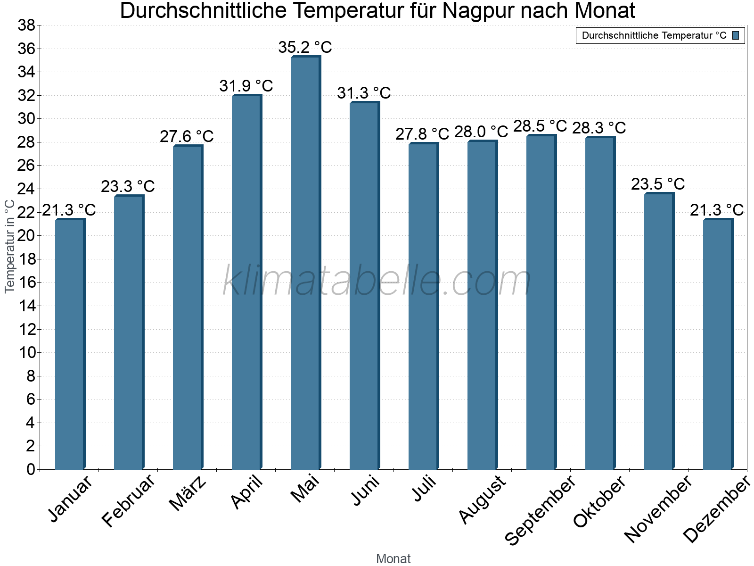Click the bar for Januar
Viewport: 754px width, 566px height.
coord(70,344)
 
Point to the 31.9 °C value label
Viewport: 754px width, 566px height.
coord(246,86)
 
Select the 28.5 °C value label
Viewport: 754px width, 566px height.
coord(540,126)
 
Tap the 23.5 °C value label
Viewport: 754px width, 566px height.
coord(658,184)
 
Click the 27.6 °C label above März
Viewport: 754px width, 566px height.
coord(187,137)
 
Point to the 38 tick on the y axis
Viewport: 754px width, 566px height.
coord(26,25)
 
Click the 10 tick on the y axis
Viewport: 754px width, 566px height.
coord(26,352)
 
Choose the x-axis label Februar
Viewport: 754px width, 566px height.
coord(128,500)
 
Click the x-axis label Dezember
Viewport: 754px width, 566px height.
coord(716,509)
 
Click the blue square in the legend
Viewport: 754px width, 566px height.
coord(736,35)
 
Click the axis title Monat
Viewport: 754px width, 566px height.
coord(393,559)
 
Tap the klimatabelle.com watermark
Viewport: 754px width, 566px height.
coord(377,281)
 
